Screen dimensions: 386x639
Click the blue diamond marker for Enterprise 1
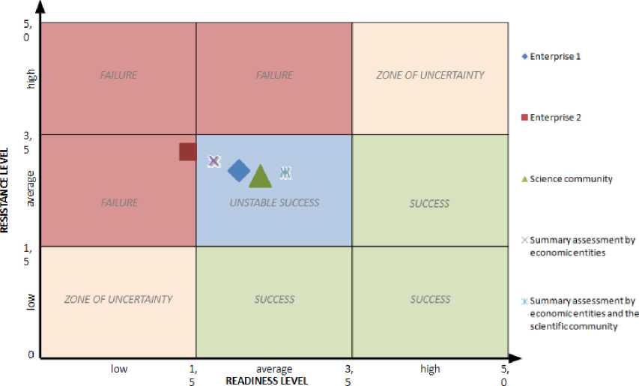click(239, 171)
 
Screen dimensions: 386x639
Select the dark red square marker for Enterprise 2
click(188, 151)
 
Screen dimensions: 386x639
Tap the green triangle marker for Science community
click(260, 177)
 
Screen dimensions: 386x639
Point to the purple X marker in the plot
click(213, 160)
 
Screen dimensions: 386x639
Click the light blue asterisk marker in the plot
click(285, 172)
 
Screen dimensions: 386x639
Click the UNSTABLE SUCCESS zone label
click(274, 202)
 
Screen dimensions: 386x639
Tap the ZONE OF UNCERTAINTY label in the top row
click(430, 75)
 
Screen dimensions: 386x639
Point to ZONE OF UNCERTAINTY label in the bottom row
click(118, 299)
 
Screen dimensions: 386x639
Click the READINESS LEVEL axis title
click(267, 380)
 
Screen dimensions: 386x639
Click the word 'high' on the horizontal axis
click(430, 369)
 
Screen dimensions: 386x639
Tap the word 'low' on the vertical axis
click(31, 301)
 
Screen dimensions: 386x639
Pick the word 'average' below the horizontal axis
click(273, 369)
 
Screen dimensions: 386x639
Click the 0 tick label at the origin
click(31, 355)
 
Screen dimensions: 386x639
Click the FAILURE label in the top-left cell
click(118, 75)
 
